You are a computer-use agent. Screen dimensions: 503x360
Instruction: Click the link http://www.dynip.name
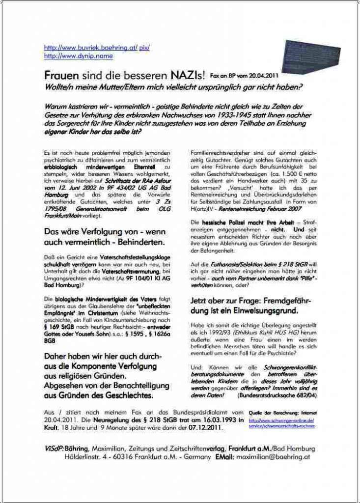[79, 56]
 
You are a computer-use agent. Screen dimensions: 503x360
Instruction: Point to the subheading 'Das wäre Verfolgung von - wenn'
[105, 231]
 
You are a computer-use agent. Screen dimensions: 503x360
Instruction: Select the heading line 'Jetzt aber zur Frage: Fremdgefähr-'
[250, 300]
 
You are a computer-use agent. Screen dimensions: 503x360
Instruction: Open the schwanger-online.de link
[282, 423]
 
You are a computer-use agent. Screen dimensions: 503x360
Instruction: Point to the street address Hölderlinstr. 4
[91, 457]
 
